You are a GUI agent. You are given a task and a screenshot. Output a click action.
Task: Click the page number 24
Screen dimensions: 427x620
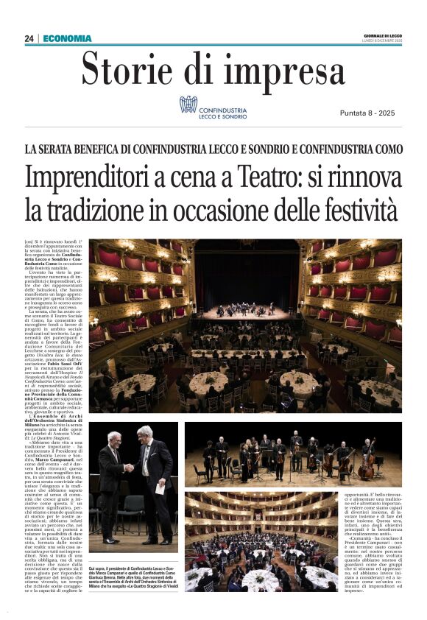click(29, 38)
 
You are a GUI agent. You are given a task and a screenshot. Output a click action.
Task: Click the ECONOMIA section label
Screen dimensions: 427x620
click(68, 38)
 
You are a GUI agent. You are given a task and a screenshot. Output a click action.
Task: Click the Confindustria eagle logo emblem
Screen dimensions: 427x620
click(188, 105)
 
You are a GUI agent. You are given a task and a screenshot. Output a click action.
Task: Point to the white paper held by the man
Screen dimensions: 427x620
click(160, 487)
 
